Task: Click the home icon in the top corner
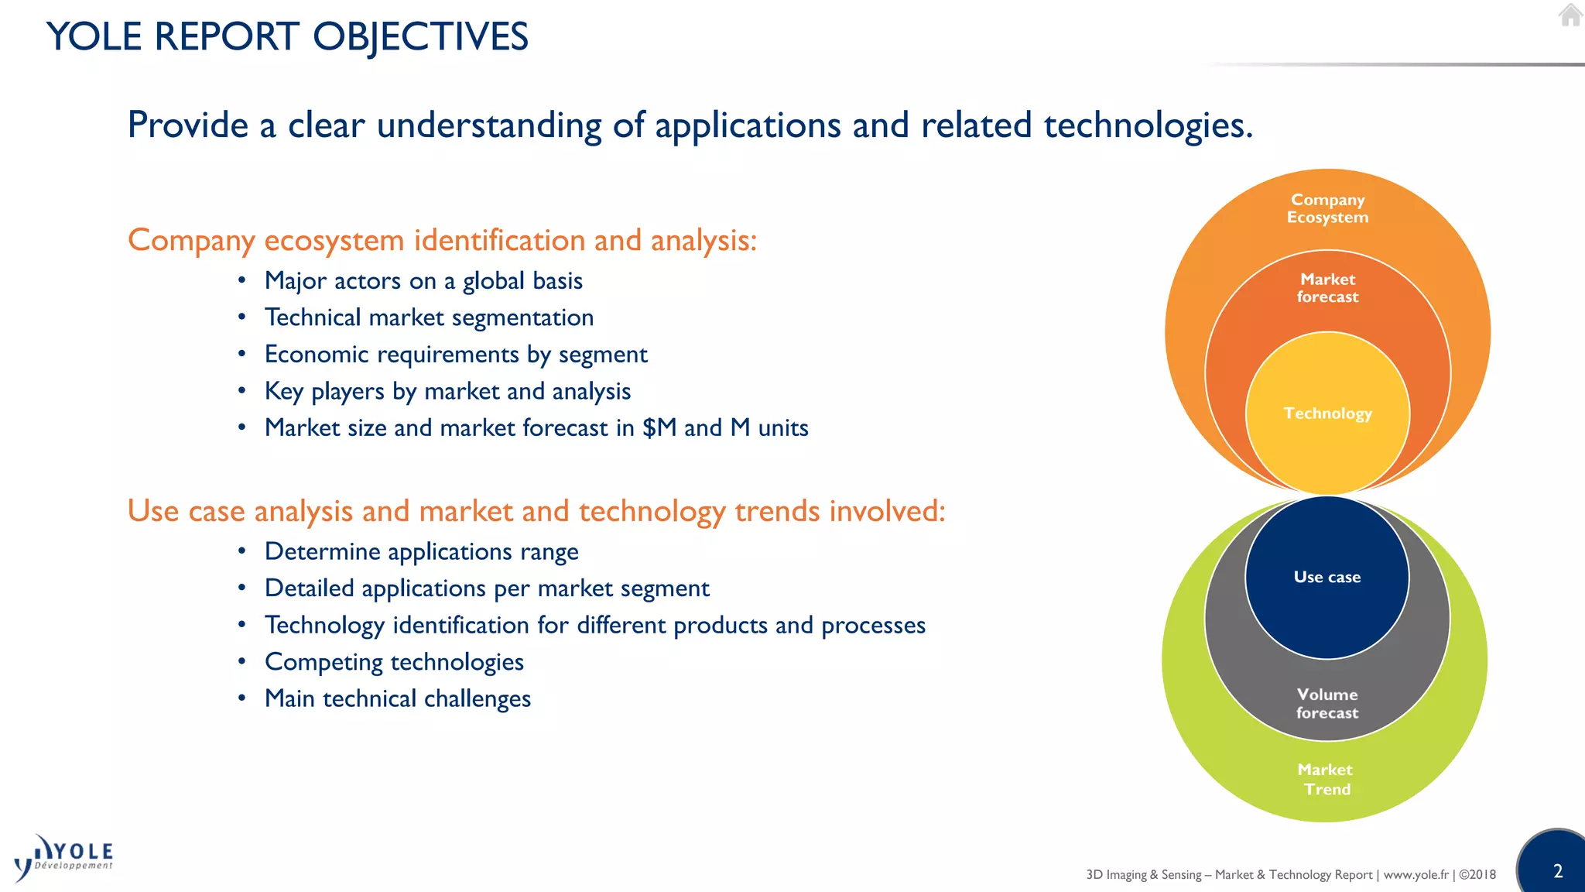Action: [1570, 15]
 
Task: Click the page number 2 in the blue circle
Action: [1558, 871]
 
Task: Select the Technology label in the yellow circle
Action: [1327, 413]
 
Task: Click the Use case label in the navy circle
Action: [1327, 577]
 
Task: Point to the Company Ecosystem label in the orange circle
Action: [1327, 208]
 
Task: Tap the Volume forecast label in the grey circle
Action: [1327, 703]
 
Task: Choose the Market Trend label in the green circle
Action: [1326, 779]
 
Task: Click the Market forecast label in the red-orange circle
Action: [1327, 288]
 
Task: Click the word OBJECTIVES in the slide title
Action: [420, 37]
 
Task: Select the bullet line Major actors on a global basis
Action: [423, 280]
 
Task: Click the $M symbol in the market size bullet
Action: [659, 427]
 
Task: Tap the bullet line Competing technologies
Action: [394, 662]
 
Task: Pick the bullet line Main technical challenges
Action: [397, 698]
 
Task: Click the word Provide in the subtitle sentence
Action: [187, 125]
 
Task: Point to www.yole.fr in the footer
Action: [1416, 874]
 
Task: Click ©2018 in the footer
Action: [1477, 874]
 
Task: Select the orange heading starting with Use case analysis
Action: [536, 511]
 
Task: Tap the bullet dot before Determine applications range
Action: [242, 551]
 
